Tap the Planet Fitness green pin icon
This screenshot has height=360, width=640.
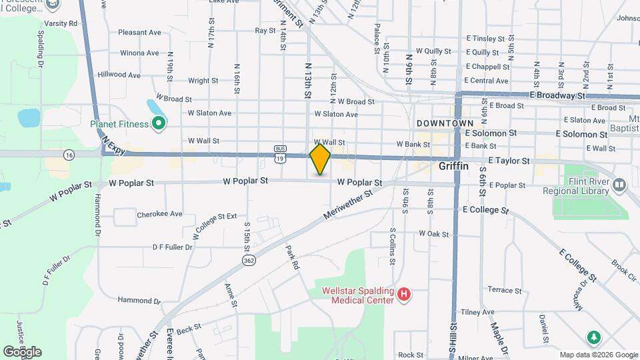coord(159,123)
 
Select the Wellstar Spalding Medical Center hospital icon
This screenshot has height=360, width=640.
coord(403,293)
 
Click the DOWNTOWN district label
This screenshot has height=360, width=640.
coord(445,123)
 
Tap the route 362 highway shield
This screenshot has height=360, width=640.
coord(249,259)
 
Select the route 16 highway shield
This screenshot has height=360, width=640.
coord(69,154)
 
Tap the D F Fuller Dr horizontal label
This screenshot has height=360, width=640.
coord(172,247)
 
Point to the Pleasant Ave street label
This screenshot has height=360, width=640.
coord(140,32)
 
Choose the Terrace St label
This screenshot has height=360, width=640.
coord(505,290)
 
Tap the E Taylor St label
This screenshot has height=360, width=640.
coord(509,161)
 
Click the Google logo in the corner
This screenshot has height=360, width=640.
coord(22,352)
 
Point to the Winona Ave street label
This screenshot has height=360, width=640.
coord(139,53)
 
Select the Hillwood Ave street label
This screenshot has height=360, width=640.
coord(119,75)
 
